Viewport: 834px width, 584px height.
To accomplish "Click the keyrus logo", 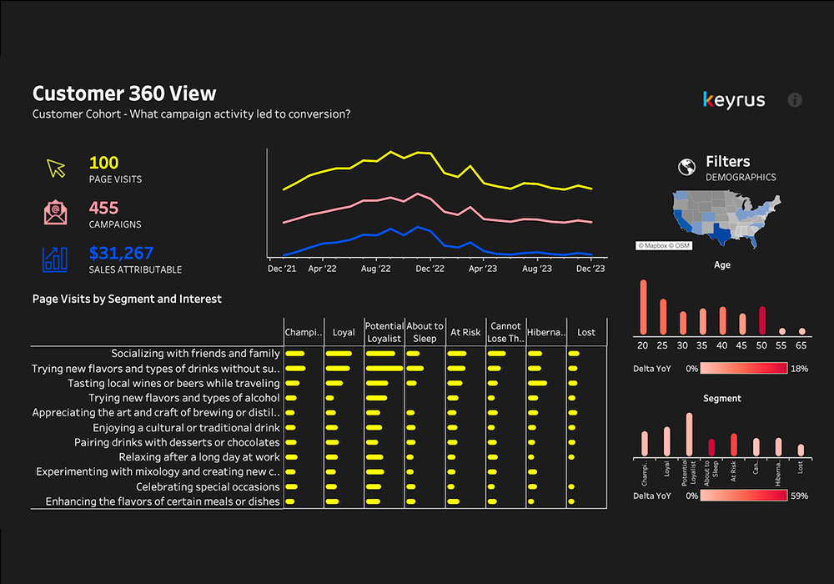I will (x=734, y=100).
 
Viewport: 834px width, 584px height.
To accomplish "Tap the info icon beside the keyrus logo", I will (x=795, y=100).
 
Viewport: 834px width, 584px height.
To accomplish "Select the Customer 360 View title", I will (x=124, y=93).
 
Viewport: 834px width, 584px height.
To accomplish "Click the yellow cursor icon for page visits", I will (x=56, y=169).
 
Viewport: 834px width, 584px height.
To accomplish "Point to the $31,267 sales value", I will (x=121, y=253).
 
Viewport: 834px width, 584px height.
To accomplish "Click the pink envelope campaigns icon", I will (x=56, y=213).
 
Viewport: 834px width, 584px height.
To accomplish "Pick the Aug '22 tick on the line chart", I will (x=376, y=269).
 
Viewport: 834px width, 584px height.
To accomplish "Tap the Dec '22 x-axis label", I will (x=430, y=269).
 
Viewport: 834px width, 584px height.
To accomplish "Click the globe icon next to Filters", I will (x=687, y=167).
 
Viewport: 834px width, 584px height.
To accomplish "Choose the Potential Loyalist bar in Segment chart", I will (x=689, y=435).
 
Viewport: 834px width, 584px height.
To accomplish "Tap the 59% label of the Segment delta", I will (x=799, y=496).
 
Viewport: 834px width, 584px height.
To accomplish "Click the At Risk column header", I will (x=465, y=332).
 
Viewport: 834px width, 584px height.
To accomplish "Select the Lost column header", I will (x=586, y=332).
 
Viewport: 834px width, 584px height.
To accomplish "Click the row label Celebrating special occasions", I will (x=208, y=486).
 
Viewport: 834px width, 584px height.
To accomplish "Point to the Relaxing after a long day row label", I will (x=199, y=457).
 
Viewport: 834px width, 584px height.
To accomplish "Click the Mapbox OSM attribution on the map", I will (x=664, y=245).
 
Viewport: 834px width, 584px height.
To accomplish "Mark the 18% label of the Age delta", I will (x=799, y=368).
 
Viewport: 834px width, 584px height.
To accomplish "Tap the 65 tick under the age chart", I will (x=801, y=345).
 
